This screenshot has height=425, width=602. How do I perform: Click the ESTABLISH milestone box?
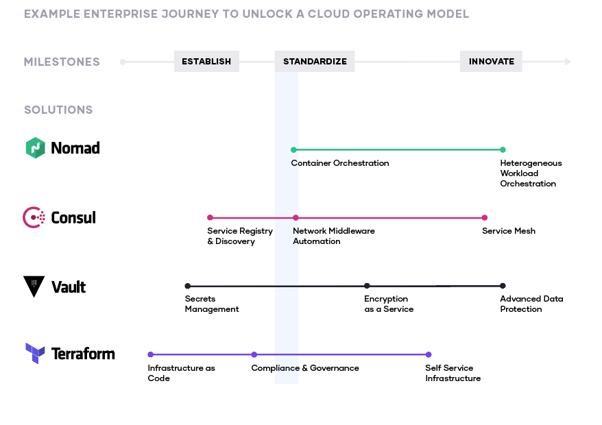click(x=206, y=62)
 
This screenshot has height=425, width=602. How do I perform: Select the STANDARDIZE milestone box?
click(x=315, y=62)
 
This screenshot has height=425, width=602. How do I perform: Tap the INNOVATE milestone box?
click(x=491, y=62)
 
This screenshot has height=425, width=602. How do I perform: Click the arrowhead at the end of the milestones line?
click(x=568, y=62)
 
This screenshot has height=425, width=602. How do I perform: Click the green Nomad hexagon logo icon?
click(x=35, y=148)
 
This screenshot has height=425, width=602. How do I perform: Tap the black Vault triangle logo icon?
click(x=34, y=286)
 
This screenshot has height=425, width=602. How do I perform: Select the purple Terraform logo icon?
click(x=35, y=354)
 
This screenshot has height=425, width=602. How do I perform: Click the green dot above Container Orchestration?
click(x=293, y=149)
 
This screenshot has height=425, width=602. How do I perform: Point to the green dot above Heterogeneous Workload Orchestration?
click(x=503, y=149)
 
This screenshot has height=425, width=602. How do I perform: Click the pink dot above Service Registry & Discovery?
click(x=210, y=218)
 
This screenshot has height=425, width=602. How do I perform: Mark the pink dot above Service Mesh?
click(x=485, y=218)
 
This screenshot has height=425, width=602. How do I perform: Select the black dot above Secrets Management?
click(x=187, y=286)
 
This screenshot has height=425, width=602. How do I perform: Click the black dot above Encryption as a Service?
click(x=367, y=286)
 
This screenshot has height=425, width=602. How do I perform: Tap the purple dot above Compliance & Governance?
click(x=254, y=354)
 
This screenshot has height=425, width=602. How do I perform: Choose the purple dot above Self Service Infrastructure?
click(x=429, y=354)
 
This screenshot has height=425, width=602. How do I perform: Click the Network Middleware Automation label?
click(x=333, y=236)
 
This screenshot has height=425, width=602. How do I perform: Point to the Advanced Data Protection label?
click(x=531, y=304)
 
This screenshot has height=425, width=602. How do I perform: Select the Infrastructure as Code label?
click(x=181, y=373)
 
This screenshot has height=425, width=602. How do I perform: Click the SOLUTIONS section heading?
click(x=58, y=110)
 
